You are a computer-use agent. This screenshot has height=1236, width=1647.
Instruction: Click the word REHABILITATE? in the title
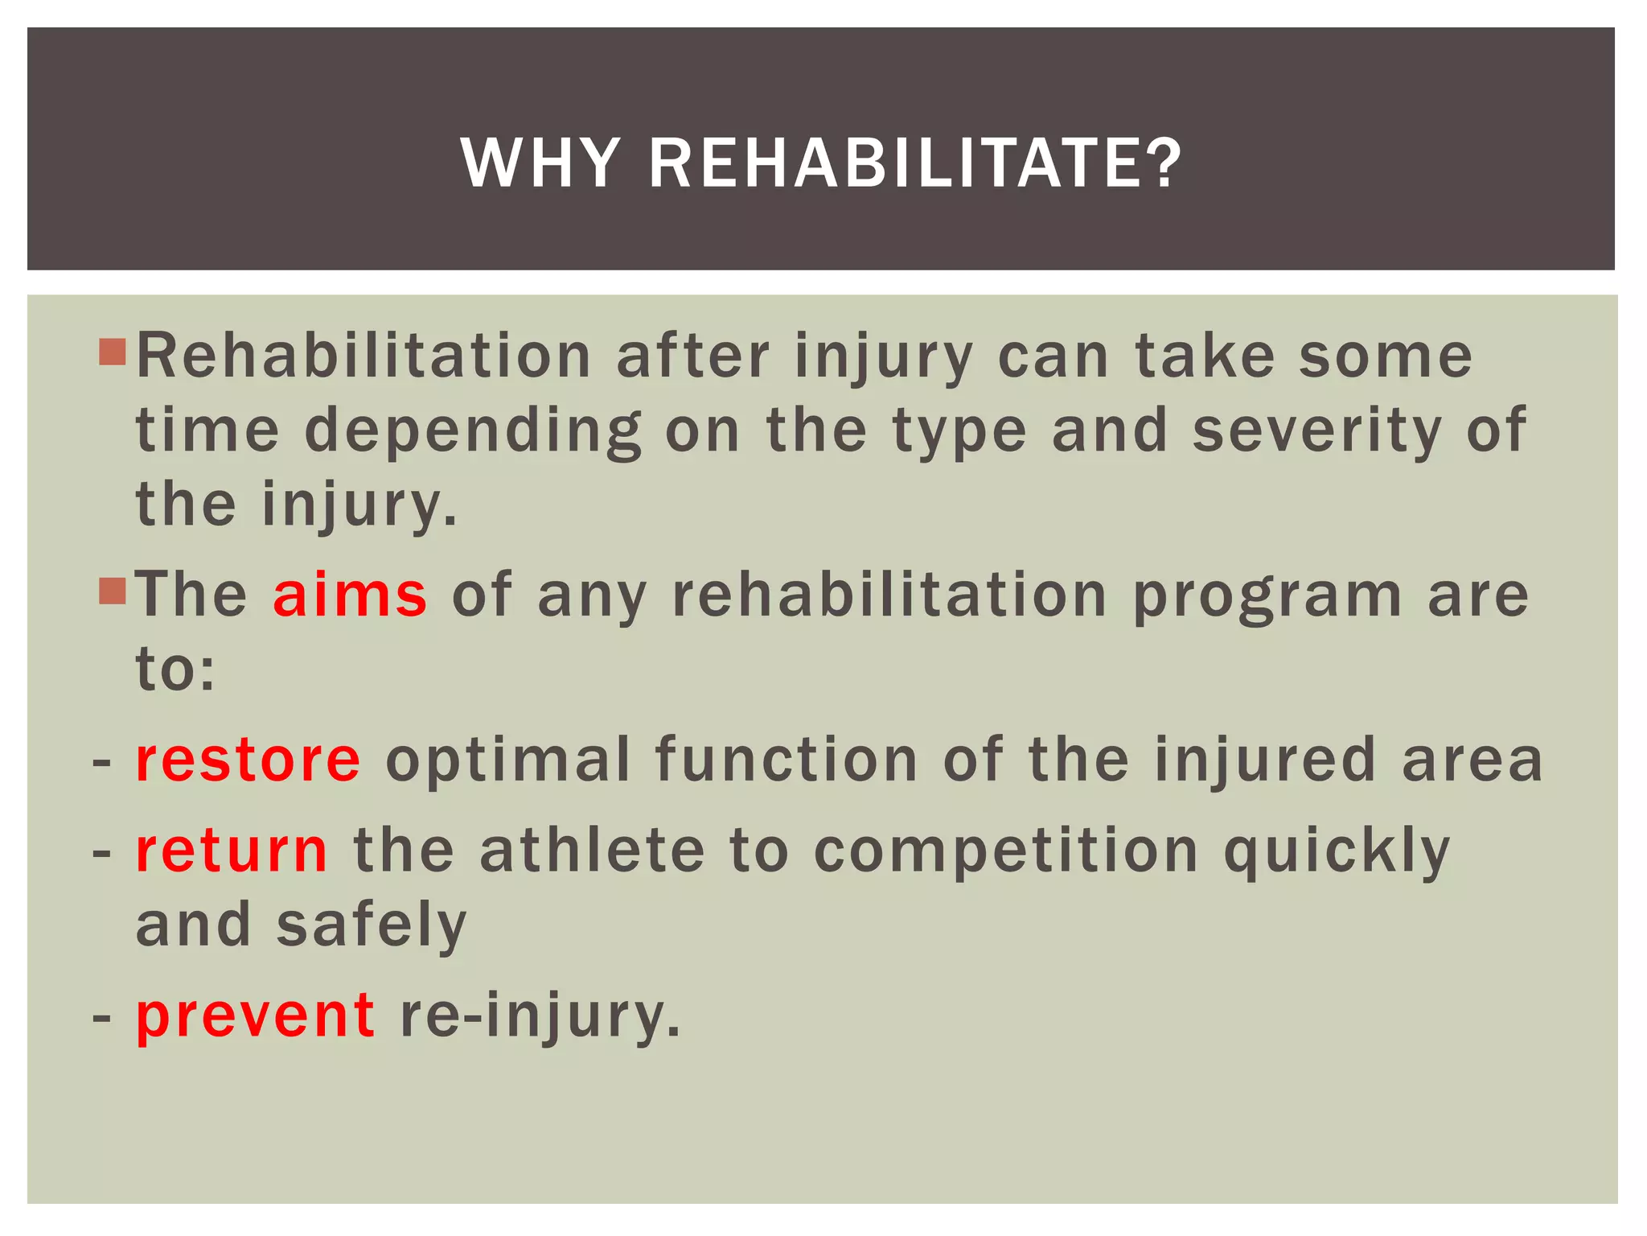pyautogui.click(x=915, y=163)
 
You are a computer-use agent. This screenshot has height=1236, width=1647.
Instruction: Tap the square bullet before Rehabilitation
pyautogui.click(x=113, y=352)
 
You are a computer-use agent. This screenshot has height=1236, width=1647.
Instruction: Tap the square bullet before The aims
pyautogui.click(x=113, y=591)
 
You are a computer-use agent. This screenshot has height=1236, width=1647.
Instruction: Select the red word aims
pyautogui.click(x=350, y=595)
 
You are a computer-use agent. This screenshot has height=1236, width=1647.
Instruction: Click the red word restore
pyautogui.click(x=248, y=760)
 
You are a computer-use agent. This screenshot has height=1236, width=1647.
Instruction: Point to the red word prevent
pyautogui.click(x=255, y=1016)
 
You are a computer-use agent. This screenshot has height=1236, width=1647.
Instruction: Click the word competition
pyautogui.click(x=1006, y=853)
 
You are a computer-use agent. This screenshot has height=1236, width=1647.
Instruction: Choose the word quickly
pyautogui.click(x=1337, y=853)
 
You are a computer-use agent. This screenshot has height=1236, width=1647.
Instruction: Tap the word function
pyautogui.click(x=787, y=760)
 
